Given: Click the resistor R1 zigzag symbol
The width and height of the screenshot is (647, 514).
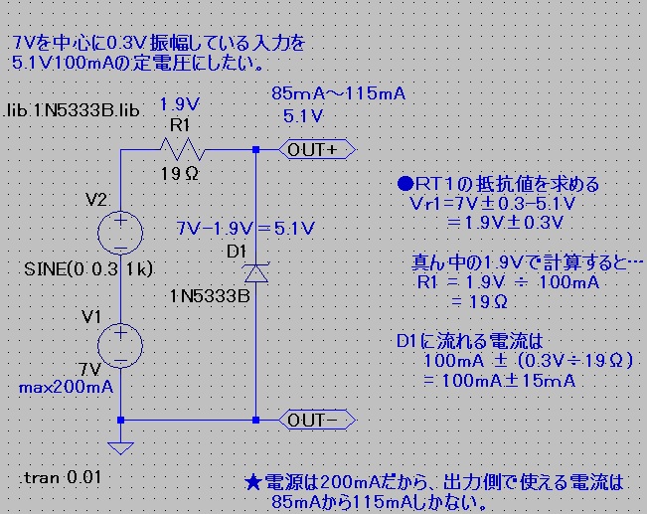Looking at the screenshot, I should coord(182,150).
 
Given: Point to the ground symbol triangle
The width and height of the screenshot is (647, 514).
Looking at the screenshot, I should coord(120,446).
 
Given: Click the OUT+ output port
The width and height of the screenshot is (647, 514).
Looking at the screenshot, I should coord(314,150).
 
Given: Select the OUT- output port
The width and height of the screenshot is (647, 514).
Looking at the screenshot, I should coord(314,421).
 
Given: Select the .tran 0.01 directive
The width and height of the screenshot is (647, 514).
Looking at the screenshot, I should coord(59,478).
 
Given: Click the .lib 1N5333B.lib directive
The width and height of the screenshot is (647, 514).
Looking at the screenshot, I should coord(73,108).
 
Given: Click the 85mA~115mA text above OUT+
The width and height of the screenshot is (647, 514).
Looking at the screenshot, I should coord(338,94).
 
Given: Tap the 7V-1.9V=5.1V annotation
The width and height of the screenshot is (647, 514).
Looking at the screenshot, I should coord(244,228).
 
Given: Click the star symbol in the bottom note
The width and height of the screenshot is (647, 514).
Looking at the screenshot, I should coord(252,484).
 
